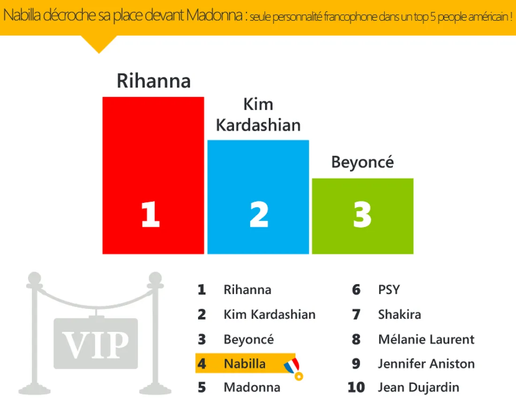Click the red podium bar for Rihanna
[x=153, y=175]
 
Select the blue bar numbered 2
[x=258, y=197]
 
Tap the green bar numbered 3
[x=363, y=216]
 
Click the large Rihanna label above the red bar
[x=154, y=81]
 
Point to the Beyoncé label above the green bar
[x=362, y=162]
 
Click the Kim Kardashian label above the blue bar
[x=258, y=115]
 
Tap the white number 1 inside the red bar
[x=151, y=214]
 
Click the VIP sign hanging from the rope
[x=96, y=343]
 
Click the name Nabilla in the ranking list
[x=244, y=364]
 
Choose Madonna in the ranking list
[x=252, y=387]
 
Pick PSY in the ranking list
[x=389, y=290]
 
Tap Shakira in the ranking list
[x=400, y=315]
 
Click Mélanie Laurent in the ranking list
[x=426, y=339]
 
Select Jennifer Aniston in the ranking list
[x=426, y=364]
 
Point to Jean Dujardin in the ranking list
[x=418, y=387]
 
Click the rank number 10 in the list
[x=356, y=387]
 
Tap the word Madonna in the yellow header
[x=214, y=15]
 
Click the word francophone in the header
[x=350, y=16]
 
